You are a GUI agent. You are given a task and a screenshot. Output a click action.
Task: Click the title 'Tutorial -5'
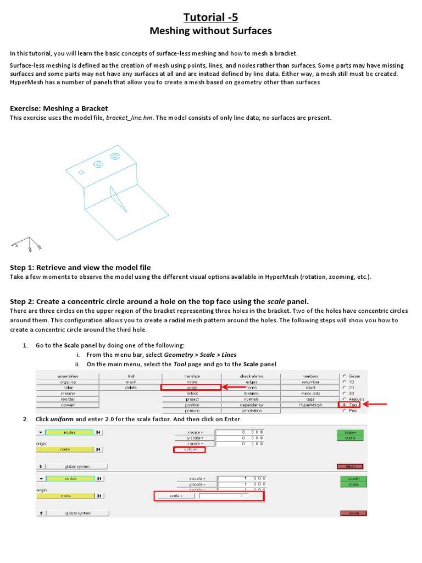pos(210,17)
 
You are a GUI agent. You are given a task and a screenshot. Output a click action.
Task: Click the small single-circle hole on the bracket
pos(82,172)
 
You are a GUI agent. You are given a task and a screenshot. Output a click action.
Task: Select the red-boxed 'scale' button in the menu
pos(191,388)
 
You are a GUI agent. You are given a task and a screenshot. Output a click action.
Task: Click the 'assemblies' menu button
pos(68,376)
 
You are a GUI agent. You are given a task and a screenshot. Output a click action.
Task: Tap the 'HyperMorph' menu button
pos(310,405)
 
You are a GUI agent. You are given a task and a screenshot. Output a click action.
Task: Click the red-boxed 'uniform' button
pos(189,449)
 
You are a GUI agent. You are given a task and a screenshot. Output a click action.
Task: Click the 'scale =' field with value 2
pos(231,496)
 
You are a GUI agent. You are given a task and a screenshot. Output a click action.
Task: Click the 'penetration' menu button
pos(251,411)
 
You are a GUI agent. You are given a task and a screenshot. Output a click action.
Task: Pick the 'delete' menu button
pos(131,388)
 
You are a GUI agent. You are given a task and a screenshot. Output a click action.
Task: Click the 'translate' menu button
pos(192,376)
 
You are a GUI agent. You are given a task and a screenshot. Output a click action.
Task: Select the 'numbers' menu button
pos(310,376)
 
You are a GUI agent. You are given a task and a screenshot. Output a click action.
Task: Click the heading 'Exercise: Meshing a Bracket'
pos(59,108)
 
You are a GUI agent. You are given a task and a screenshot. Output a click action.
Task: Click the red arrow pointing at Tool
pos(375,405)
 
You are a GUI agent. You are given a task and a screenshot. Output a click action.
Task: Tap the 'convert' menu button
pos(68,405)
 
